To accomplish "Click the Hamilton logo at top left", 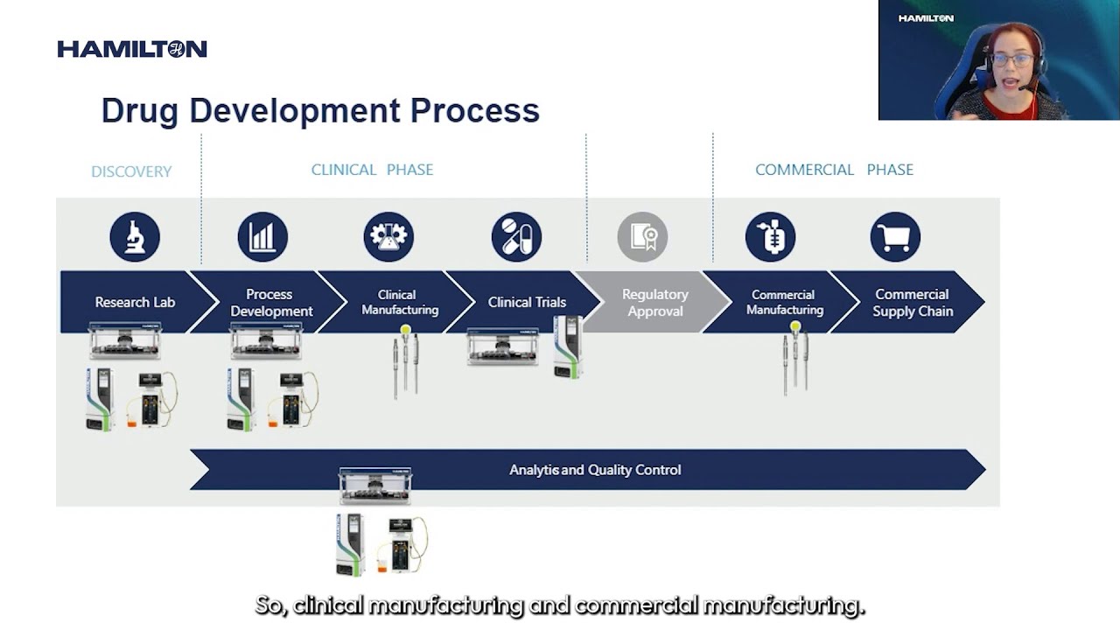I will coord(132,49).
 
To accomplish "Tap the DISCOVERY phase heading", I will coord(131,171).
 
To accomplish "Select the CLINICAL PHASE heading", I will coord(372,170).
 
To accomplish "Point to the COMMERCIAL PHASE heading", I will coord(834,170).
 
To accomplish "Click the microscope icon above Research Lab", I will coord(135,237).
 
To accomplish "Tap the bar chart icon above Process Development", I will coord(262,237).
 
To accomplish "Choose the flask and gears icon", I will coord(388,237).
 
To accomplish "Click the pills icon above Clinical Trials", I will coord(516,237).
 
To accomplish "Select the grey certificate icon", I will coord(642,237).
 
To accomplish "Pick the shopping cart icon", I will coord(895,237).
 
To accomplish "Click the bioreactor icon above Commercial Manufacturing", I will coord(770,237).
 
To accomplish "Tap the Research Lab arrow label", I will coord(135,303).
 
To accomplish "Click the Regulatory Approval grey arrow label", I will coord(654,303).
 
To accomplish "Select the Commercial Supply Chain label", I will coord(912,303).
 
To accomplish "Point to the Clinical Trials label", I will coord(527,303).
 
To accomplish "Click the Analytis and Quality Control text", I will coord(595,470).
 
